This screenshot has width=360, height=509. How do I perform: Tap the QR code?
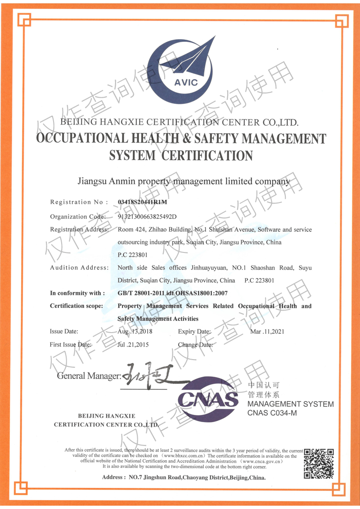click(319, 463)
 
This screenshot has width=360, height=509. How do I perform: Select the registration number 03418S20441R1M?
click(142, 202)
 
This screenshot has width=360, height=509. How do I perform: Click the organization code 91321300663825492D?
click(147, 216)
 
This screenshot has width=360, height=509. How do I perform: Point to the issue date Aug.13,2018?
click(135, 332)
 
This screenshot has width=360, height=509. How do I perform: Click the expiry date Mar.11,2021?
click(267, 332)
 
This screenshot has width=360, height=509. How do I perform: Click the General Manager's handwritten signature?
click(151, 374)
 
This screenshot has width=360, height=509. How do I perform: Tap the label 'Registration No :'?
click(79, 202)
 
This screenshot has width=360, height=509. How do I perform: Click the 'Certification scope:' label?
click(76, 306)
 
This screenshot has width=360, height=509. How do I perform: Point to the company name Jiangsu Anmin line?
click(184, 181)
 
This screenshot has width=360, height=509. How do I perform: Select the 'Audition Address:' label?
click(79, 268)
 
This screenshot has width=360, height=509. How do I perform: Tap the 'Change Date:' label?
click(195, 345)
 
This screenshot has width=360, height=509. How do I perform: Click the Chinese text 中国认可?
click(264, 385)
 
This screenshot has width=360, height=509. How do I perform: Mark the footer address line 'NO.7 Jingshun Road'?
click(184, 477)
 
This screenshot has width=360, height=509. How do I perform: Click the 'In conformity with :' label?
click(77, 293)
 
